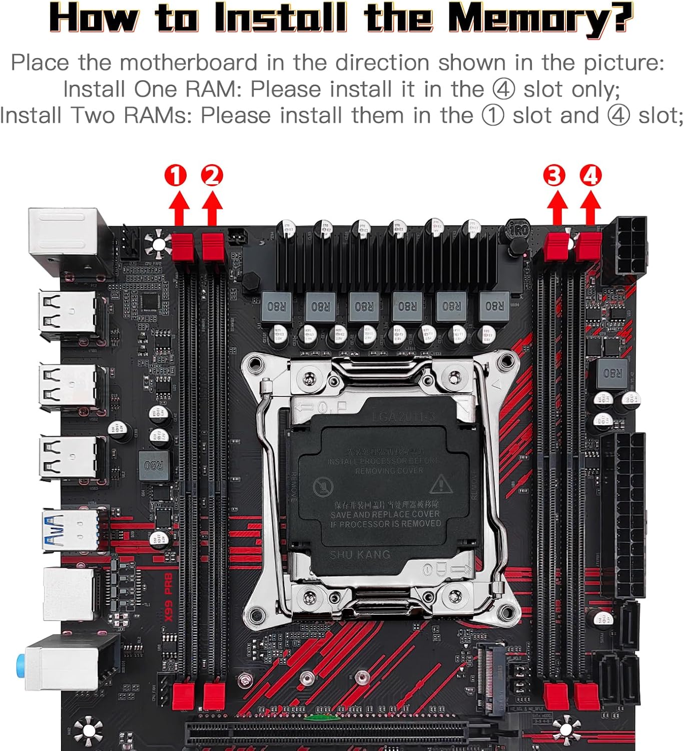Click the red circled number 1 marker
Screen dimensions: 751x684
(175, 176)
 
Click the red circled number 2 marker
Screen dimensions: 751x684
(212, 176)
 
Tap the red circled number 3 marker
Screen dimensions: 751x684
(554, 176)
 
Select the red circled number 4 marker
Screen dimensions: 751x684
(590, 176)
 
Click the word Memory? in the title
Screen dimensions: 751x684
(540, 18)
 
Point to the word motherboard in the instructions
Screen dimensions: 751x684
(188, 63)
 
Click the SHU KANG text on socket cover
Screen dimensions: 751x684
(359, 555)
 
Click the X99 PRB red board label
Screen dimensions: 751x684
(169, 597)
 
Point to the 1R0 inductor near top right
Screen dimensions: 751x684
(518, 230)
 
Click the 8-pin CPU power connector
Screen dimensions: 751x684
(625, 245)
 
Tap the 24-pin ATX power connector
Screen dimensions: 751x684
(622, 516)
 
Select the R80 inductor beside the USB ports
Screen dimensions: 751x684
(153, 466)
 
